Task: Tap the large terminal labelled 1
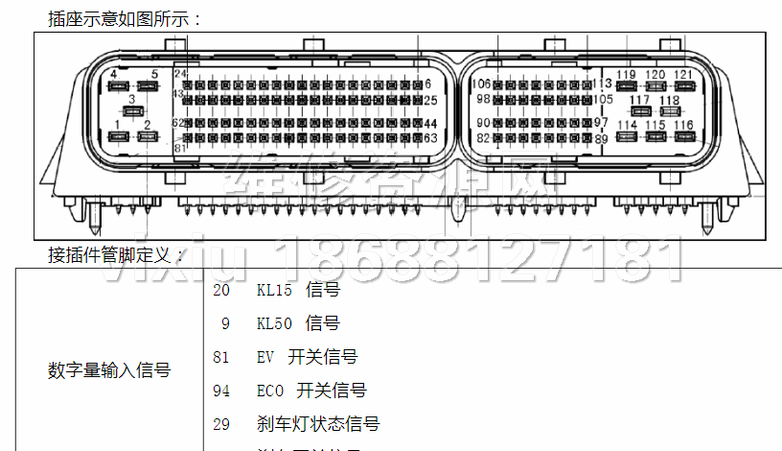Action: pyautogui.click(x=118, y=136)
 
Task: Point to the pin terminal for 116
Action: pyautogui.click(x=684, y=136)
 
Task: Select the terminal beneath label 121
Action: pyautogui.click(x=683, y=86)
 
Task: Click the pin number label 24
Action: pyautogui.click(x=180, y=74)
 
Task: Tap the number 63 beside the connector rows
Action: pyautogui.click(x=430, y=138)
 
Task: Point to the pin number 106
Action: pyautogui.click(x=481, y=84)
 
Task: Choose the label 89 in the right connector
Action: pyautogui.click(x=601, y=139)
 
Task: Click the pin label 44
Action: pyautogui.click(x=430, y=124)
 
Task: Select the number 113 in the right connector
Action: pyautogui.click(x=602, y=84)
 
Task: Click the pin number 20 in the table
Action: pyautogui.click(x=221, y=290)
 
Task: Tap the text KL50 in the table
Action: pyautogui.click(x=274, y=323)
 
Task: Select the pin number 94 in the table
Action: pyautogui.click(x=221, y=391)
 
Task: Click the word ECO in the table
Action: pyautogui.click(x=271, y=391)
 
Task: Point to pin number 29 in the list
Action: pyautogui.click(x=221, y=423)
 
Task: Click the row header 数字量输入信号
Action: pyautogui.click(x=109, y=369)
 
